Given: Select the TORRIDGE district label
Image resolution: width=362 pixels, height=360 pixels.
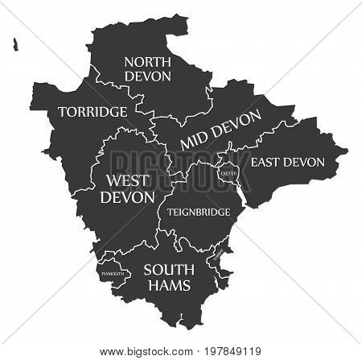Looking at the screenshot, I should (93, 110).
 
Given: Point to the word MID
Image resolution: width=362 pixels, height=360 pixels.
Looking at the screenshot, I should (198, 139).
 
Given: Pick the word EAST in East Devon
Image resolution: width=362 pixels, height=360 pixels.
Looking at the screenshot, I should (269, 162).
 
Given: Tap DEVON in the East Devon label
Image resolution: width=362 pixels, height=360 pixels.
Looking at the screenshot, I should (306, 162).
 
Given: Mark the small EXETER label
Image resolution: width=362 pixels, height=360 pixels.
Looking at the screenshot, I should (227, 172).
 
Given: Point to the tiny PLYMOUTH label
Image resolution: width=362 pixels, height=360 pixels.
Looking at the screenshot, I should (113, 274).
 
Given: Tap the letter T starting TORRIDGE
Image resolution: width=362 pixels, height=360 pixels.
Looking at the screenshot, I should (62, 111).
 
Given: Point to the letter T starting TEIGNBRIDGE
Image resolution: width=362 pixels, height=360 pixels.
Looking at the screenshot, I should (170, 213).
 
